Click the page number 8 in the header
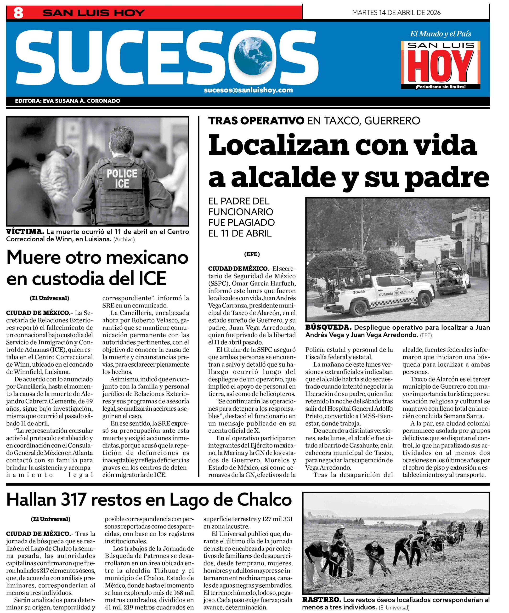(x=18, y=13)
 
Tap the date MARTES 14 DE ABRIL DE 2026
(x=396, y=12)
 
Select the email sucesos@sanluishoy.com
(x=248, y=90)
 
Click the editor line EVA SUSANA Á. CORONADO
(x=68, y=101)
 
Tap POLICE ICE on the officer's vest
(x=122, y=178)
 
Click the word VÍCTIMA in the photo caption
(x=25, y=232)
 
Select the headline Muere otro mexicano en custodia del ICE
(x=97, y=267)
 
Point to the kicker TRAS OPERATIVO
(x=256, y=120)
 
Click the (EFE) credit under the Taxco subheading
(x=252, y=254)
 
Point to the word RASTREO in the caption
(x=321, y=600)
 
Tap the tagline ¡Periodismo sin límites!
(x=440, y=87)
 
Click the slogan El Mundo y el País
(x=440, y=34)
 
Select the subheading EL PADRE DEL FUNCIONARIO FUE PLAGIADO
(x=241, y=217)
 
